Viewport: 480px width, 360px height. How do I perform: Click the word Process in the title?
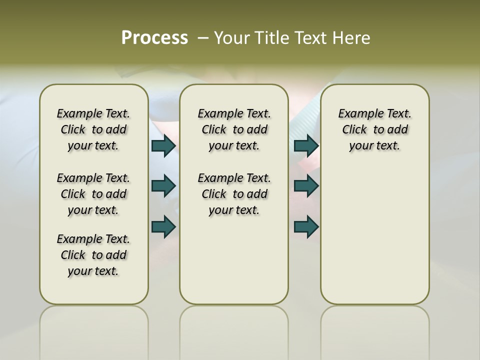click(154, 37)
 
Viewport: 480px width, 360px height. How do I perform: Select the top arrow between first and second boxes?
click(163, 145)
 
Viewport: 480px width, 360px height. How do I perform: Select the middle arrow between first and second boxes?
click(163, 186)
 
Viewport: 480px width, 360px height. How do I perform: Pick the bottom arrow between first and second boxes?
click(163, 226)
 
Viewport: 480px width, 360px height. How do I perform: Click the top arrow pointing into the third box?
click(306, 145)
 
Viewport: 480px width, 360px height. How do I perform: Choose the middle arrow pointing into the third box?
click(306, 186)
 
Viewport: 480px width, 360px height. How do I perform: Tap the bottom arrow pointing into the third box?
click(306, 226)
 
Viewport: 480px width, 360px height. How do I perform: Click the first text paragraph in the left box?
click(93, 129)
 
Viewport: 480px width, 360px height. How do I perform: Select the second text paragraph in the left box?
click(93, 194)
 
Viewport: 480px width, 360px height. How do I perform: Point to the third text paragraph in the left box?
click(93, 255)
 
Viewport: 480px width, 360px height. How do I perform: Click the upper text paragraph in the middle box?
click(234, 129)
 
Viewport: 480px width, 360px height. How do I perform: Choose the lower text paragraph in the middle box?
click(234, 194)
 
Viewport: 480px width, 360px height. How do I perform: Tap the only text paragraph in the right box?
click(374, 129)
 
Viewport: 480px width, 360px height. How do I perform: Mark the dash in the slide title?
click(203, 38)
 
